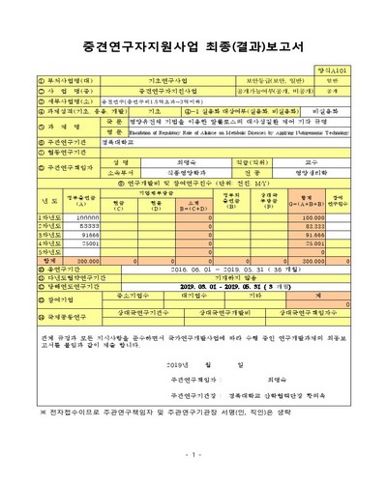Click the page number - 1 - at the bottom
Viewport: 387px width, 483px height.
point(193,454)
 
